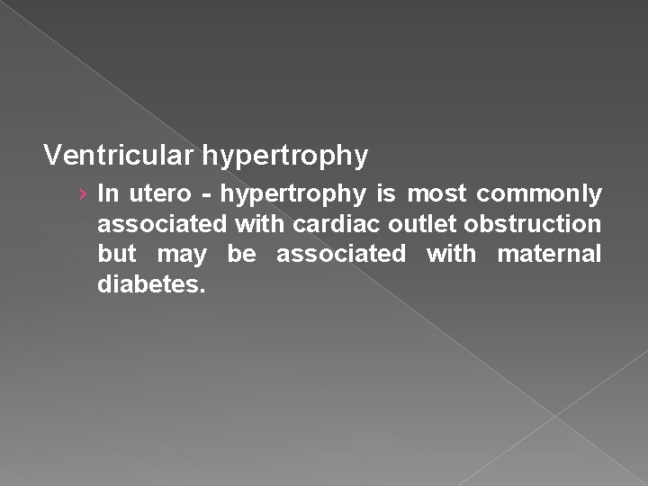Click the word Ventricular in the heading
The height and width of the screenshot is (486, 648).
120,156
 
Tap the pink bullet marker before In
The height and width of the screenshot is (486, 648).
82,193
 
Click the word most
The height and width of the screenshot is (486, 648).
440,193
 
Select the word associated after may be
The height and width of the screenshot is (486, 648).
340,255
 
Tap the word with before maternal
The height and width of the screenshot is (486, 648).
451,255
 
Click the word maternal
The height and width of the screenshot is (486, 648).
549,255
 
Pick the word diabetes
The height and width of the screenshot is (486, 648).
152,285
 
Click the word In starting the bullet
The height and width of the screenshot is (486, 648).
106,193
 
